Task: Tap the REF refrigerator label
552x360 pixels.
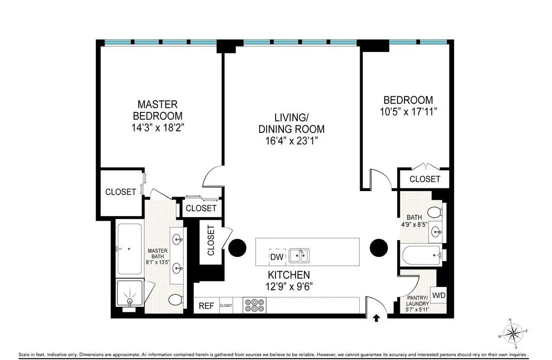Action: point(206,306)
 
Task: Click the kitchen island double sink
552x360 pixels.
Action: point(300,255)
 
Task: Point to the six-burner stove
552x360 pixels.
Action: point(254,305)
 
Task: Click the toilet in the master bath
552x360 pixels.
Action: point(175,300)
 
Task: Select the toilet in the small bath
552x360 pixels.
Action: point(435,212)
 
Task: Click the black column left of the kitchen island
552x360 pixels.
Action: point(239,248)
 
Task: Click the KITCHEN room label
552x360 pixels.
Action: point(287,274)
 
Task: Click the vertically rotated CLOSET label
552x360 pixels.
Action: point(211,241)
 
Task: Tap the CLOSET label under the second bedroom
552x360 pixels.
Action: point(425,179)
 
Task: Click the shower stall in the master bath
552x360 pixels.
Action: point(130,293)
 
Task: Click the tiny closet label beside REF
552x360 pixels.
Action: point(226,306)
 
